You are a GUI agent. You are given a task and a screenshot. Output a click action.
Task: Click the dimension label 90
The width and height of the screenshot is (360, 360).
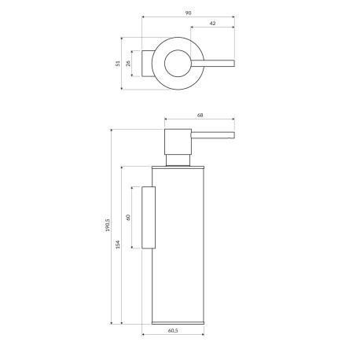pyautogui.click(x=188, y=13)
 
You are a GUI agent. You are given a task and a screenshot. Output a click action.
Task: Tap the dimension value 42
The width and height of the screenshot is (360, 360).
pyautogui.click(x=212, y=23)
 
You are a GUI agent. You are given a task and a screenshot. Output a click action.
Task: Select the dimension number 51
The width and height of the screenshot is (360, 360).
pyautogui.click(x=118, y=63)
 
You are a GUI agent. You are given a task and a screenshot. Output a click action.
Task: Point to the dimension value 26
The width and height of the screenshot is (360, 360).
pyautogui.click(x=128, y=63)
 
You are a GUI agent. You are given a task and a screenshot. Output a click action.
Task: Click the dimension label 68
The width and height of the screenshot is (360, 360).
pyautogui.click(x=200, y=115)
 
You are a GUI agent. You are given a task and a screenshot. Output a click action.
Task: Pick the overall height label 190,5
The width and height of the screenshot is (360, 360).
pyautogui.click(x=108, y=225)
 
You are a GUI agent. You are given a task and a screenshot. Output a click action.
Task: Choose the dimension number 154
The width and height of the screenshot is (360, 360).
pyautogui.click(x=118, y=244)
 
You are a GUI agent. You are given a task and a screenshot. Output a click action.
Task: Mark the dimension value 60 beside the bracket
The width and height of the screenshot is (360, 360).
pyautogui.click(x=128, y=217)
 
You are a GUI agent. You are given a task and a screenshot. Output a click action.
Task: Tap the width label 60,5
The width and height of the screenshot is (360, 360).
pyautogui.click(x=173, y=331)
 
